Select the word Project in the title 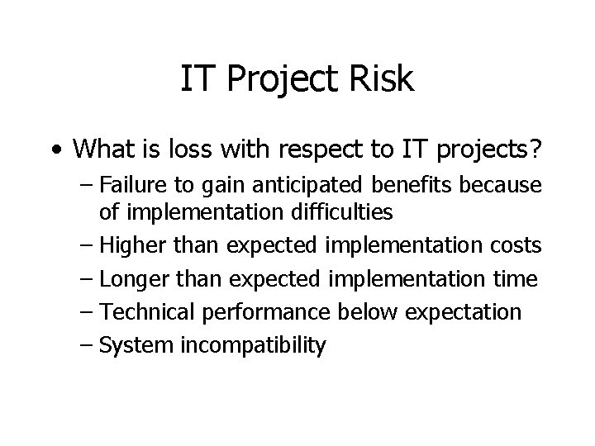pyautogui.click(x=279, y=80)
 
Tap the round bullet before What pyautogui.click(x=54, y=150)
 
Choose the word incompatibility pyautogui.click(x=249, y=344)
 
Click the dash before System pyautogui.click(x=87, y=344)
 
